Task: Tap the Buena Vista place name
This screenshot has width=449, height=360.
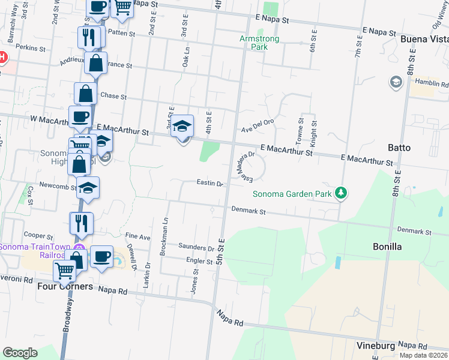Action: [424, 39]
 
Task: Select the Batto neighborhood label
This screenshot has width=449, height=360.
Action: [399, 147]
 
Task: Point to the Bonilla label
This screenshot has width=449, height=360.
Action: [387, 247]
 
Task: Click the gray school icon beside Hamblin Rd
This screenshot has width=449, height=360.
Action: [396, 82]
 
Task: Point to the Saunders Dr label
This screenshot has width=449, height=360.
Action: [196, 247]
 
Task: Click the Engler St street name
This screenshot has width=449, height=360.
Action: [200, 261]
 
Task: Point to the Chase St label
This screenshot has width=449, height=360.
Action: [113, 96]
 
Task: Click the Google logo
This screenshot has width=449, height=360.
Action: [20, 352]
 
